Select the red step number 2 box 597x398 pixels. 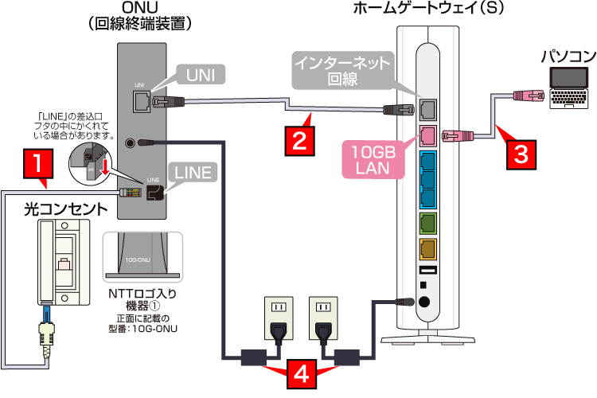(x=298, y=142)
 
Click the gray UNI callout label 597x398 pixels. (x=201, y=74)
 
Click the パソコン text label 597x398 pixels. (x=567, y=56)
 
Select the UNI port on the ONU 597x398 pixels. (x=140, y=100)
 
